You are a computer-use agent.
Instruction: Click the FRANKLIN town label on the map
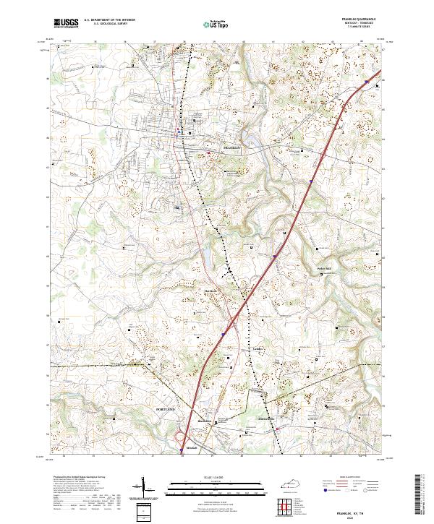coord(231,147)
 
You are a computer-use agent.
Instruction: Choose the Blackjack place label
coord(203,421)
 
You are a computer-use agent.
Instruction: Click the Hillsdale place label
coord(265,419)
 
